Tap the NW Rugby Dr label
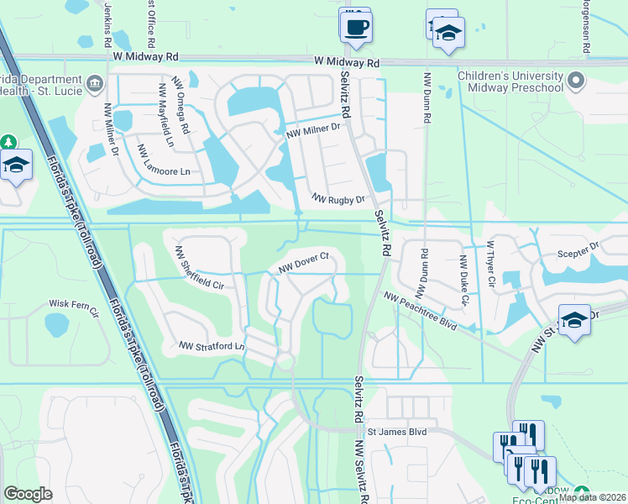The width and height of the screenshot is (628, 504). (338, 199)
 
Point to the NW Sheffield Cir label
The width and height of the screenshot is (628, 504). (199, 268)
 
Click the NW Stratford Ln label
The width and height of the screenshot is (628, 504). (211, 345)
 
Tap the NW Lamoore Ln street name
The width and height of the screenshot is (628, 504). (165, 161)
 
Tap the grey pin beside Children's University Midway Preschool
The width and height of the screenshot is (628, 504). (575, 81)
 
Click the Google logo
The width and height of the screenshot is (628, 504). (28, 493)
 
